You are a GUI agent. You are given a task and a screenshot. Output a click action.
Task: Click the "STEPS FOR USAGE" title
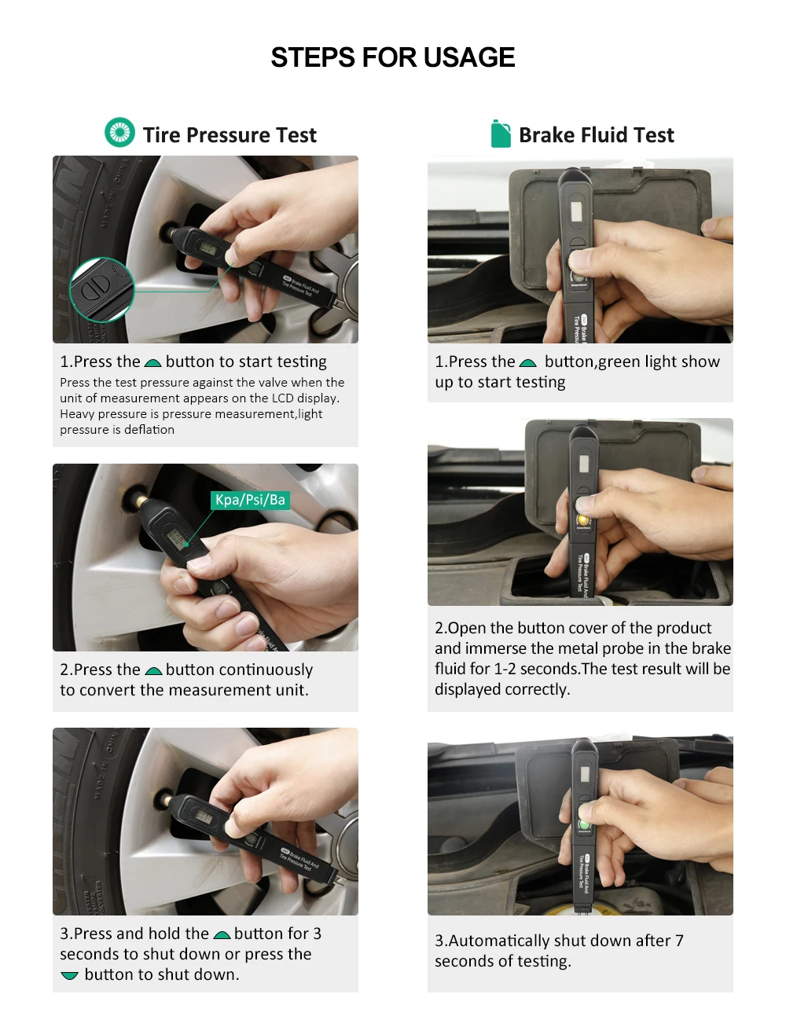pos(392,57)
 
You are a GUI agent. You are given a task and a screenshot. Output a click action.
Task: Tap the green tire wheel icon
pos(119,132)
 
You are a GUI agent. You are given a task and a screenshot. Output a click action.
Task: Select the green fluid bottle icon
pos(501,134)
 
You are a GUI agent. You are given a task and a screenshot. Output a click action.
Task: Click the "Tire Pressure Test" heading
pos(230,135)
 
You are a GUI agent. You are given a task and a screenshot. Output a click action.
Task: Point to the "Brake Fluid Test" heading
pos(596,135)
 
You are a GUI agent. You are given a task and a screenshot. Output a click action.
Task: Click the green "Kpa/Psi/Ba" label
pos(250,500)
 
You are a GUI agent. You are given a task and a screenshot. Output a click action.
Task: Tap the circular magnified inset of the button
pos(102,290)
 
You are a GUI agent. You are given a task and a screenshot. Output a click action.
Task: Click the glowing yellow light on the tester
pos(582,519)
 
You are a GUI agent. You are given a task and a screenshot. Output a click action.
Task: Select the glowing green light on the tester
pos(584,824)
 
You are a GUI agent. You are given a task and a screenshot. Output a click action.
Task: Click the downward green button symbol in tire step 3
pos(70,975)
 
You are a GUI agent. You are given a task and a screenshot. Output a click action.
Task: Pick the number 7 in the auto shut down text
pos(679,941)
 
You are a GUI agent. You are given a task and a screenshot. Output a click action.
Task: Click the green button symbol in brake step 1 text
pos(527,362)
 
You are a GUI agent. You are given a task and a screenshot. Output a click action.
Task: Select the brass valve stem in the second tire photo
pos(141,501)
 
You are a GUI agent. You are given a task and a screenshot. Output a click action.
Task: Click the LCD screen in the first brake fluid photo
pos(576,211)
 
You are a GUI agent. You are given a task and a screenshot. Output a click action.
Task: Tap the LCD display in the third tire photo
pos(204,816)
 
